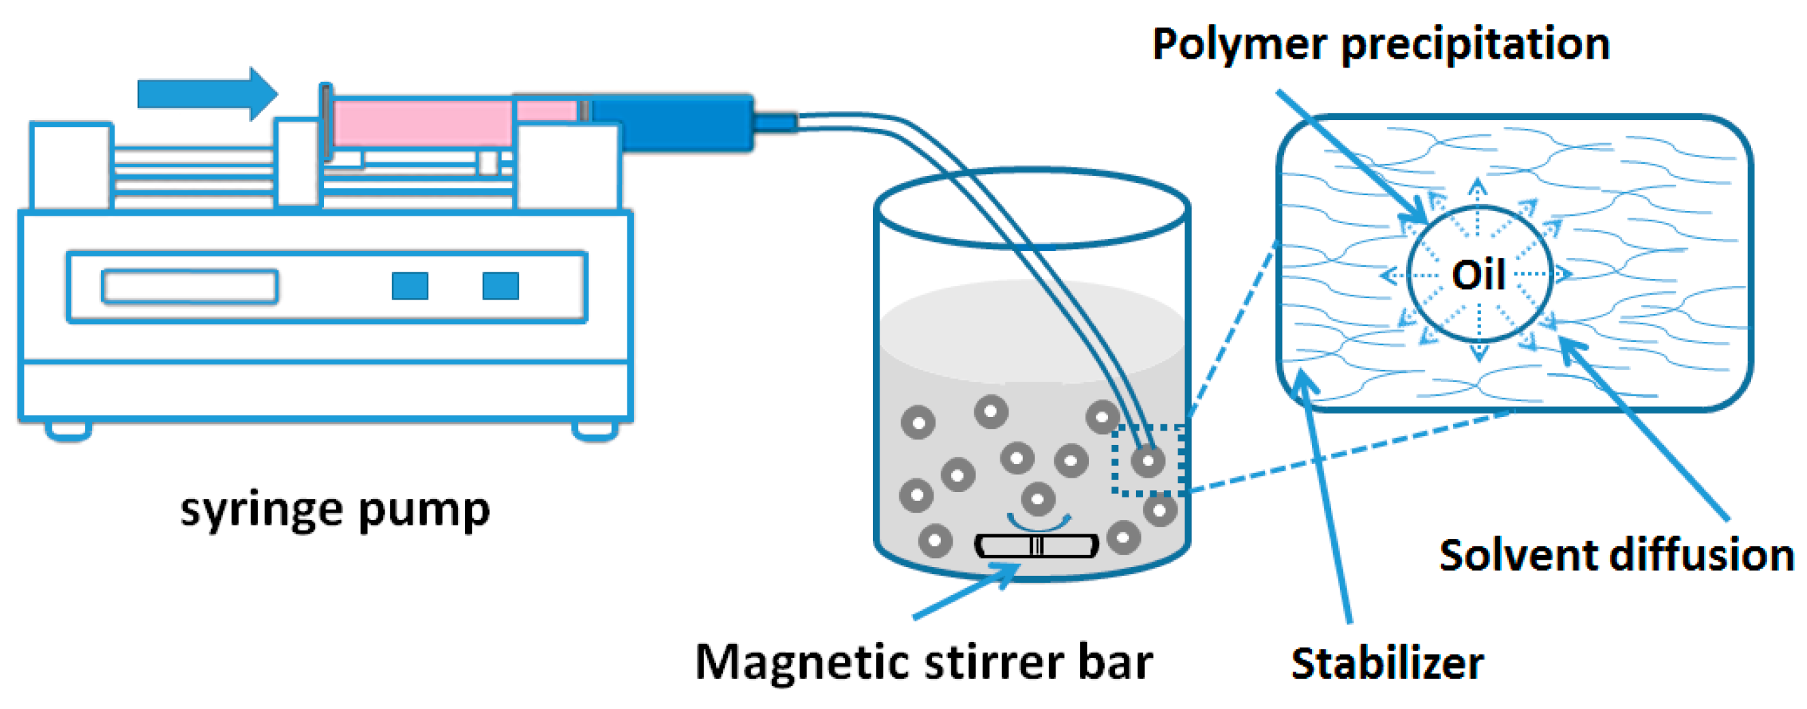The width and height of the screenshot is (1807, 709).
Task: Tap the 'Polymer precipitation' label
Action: (x=1381, y=44)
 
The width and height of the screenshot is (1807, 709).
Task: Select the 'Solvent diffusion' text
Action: (x=1615, y=556)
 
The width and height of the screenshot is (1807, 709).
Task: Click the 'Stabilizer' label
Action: (x=1387, y=663)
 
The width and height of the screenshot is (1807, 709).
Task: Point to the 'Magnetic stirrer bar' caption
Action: (x=923, y=662)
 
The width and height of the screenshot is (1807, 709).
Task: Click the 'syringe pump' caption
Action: (x=335, y=510)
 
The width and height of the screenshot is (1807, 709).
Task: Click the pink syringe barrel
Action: (x=421, y=124)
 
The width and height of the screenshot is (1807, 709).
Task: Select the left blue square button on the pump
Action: (x=410, y=287)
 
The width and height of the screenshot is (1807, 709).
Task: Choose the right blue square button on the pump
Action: (x=500, y=287)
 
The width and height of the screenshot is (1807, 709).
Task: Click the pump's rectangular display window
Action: (x=190, y=287)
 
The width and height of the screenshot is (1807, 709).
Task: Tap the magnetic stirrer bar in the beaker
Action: (x=1036, y=546)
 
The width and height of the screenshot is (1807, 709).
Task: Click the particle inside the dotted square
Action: (x=1148, y=461)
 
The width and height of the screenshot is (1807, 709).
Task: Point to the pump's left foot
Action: (x=68, y=430)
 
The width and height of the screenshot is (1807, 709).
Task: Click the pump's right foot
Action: (x=594, y=430)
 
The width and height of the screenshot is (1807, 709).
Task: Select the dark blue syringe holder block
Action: (x=674, y=123)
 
